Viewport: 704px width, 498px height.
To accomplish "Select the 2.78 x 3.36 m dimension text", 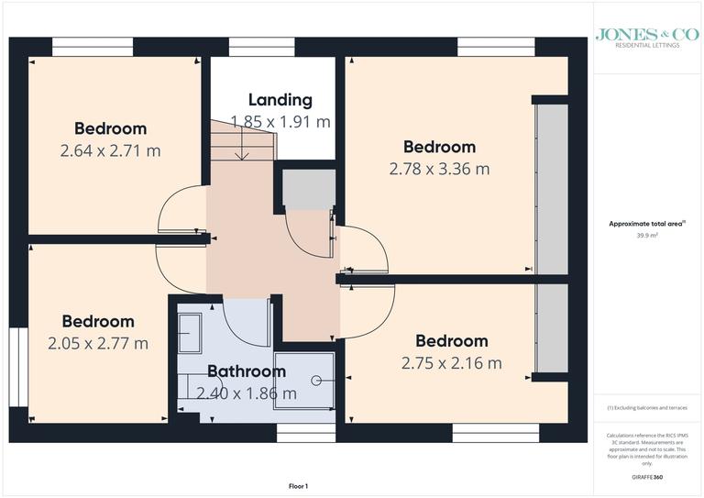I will (439, 169).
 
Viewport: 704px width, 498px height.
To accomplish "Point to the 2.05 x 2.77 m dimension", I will (98, 343).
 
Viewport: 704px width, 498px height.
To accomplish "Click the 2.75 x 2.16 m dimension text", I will (451, 362).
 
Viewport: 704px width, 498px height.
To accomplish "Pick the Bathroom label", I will (246, 371).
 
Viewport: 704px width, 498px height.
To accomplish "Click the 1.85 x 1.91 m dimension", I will (280, 121).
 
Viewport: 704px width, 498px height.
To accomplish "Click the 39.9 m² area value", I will (648, 235).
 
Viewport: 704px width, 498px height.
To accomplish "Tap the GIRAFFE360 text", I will (648, 479).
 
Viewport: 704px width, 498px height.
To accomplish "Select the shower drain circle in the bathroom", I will (318, 379).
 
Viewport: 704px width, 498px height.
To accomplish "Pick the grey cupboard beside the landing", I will (304, 189).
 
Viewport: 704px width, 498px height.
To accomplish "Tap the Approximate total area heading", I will (647, 224).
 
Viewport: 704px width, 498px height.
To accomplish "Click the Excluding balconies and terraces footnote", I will (647, 407).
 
